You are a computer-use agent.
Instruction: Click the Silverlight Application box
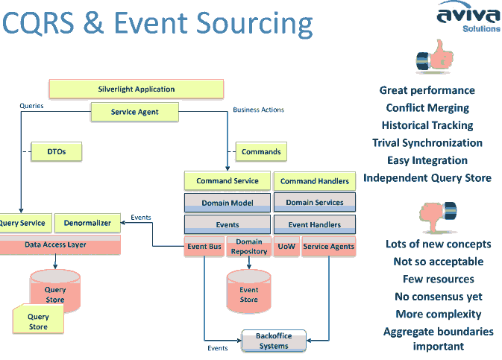pos(136,89)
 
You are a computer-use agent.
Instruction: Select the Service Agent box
pos(135,112)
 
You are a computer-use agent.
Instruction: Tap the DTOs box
pos(57,151)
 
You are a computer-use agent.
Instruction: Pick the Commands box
pos(261,151)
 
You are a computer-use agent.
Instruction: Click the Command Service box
pos(228,181)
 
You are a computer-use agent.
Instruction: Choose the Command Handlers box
pos(315,181)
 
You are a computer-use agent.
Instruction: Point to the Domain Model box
pos(228,203)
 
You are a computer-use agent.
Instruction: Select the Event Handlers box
pos(315,224)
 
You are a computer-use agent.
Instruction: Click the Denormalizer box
pos(87,223)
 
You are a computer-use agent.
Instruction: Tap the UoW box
pos(286,247)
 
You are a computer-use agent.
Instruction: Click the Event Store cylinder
pos(248,291)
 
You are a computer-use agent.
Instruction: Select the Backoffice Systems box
pos(274,341)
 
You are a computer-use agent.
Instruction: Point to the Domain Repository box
pos(249,247)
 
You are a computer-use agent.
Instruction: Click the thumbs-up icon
pos(434,57)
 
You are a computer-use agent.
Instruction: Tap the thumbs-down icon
pos(438,217)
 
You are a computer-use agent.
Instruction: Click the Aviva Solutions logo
pos(469,16)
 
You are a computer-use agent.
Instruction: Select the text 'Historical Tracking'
pos(427,125)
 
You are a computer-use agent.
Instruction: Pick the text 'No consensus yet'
pos(439,297)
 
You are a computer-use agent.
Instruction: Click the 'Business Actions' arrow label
pos(258,110)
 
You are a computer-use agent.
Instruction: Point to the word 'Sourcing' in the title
pos(254,24)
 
